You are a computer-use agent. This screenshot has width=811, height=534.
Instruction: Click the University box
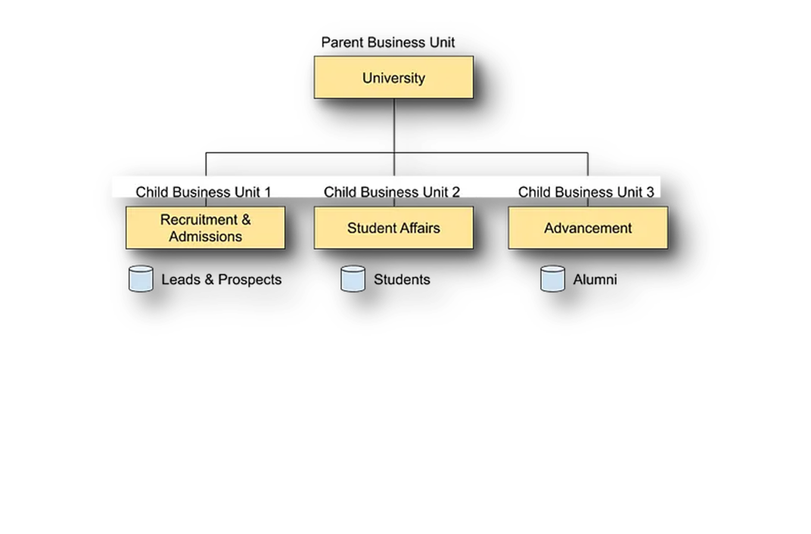(x=393, y=77)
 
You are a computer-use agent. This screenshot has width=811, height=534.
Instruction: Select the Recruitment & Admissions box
(x=206, y=228)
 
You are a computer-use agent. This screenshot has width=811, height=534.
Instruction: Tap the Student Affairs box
(x=393, y=228)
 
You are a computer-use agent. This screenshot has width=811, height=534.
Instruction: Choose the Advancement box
(x=588, y=228)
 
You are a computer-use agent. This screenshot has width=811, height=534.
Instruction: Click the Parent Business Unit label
(x=389, y=43)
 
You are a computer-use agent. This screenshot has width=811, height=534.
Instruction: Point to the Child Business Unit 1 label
(x=204, y=192)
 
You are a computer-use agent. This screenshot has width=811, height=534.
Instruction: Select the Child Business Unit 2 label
(x=392, y=192)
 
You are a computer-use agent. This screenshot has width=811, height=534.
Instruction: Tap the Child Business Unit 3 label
(x=586, y=192)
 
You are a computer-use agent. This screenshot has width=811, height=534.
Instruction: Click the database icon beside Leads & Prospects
(x=141, y=279)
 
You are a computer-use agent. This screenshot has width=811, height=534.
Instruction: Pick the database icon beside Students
(x=353, y=279)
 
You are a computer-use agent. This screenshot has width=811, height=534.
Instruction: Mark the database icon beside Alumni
(x=553, y=279)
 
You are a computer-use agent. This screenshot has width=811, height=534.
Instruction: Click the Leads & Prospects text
(x=222, y=280)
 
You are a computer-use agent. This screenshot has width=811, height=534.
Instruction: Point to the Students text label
(x=402, y=280)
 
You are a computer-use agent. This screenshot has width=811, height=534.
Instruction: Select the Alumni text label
(x=595, y=280)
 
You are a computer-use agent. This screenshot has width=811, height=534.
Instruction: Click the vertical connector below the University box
(x=393, y=125)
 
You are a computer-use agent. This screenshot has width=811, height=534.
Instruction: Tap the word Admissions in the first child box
(x=206, y=237)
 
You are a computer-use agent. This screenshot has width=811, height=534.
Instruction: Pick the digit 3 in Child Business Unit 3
(x=650, y=192)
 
